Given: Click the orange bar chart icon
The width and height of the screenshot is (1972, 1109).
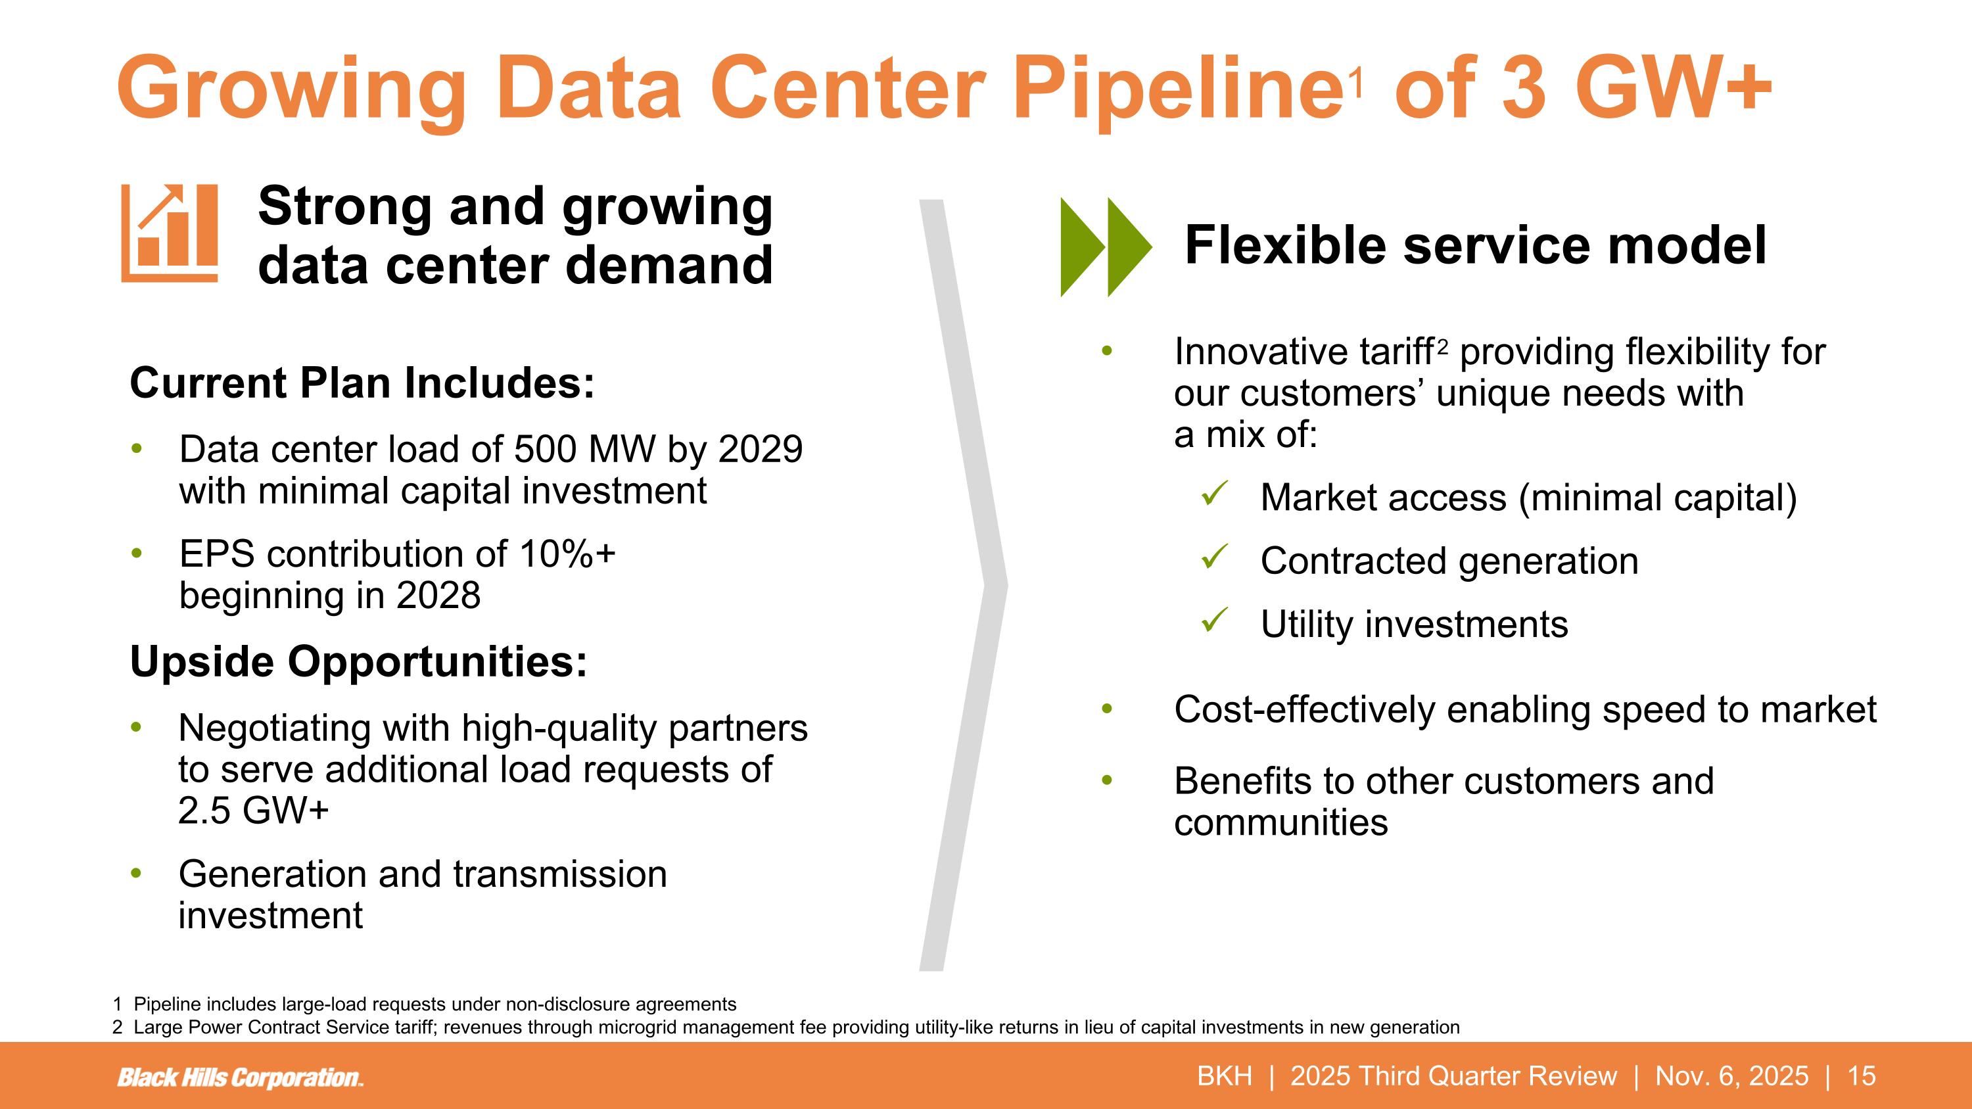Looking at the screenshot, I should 169,233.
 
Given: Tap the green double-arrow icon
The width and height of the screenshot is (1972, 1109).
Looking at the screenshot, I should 1105,247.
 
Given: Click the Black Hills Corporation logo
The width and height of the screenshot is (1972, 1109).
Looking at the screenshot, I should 240,1077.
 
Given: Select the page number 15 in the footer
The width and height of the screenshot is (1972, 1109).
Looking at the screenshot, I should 1861,1075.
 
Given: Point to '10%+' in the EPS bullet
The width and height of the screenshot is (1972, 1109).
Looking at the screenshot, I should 567,554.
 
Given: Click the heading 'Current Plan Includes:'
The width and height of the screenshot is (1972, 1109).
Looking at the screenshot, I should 362,383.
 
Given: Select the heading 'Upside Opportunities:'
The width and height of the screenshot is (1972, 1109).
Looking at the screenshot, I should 358,661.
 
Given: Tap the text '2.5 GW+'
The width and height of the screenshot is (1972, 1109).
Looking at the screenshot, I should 253,810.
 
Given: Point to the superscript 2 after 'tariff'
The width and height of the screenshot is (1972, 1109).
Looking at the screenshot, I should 1443,346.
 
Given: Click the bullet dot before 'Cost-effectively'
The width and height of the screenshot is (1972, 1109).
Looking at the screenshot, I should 1106,709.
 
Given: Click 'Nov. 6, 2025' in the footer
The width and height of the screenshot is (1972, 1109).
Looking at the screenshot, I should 1731,1075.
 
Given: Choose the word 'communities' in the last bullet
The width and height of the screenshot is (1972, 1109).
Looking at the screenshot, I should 1280,823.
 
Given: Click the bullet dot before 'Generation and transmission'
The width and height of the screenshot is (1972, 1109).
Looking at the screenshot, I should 136,873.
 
